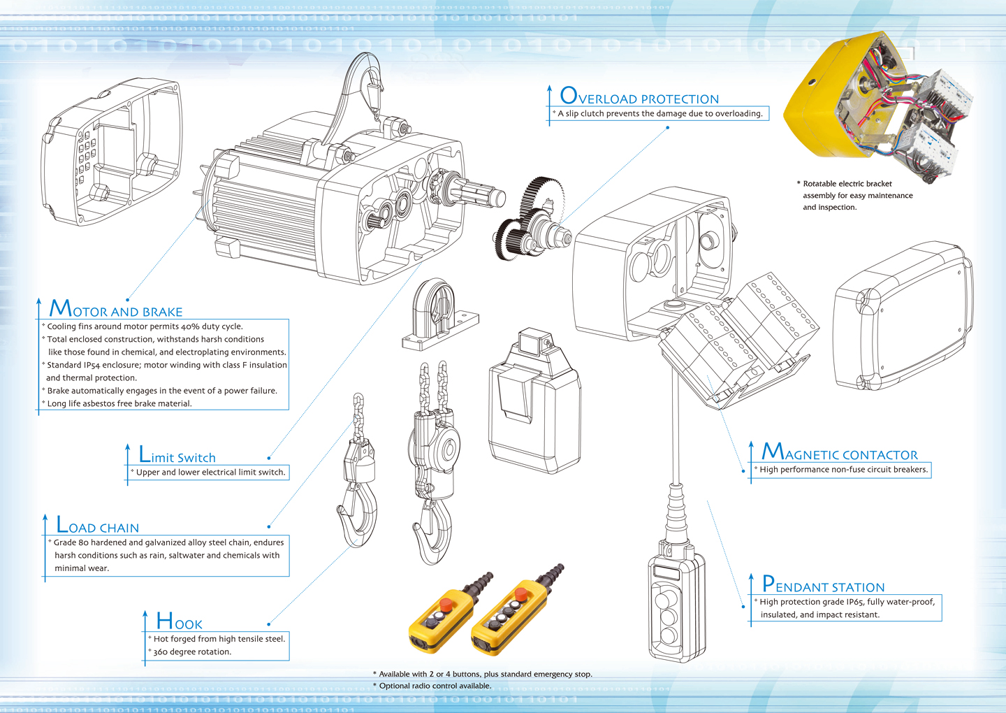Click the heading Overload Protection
tap(639, 96)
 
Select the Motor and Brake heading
tap(116, 309)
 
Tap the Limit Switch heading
tap(177, 454)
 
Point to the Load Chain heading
tap(98, 525)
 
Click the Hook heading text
tap(179, 621)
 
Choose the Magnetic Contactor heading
tap(840, 452)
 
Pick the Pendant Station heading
tap(824, 584)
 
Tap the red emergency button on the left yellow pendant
tap(446, 604)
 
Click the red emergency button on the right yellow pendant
tap(521, 594)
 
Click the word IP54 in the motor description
tap(92, 366)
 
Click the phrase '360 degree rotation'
tap(192, 652)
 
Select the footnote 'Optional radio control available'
tap(435, 686)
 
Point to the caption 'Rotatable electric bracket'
tap(847, 184)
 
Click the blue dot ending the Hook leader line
tap(268, 624)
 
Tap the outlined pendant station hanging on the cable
tap(677, 607)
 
